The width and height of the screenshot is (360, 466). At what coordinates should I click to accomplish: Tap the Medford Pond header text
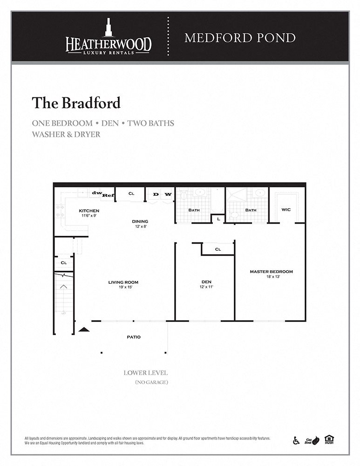point(240,38)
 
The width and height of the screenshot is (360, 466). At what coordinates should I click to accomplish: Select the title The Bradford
point(76,103)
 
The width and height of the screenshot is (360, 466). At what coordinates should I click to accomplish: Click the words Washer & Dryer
point(66,134)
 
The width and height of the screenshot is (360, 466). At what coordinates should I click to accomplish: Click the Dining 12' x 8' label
point(140,224)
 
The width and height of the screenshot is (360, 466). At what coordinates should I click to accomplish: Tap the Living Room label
point(123,284)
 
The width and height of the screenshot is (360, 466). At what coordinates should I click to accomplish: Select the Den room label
point(206,284)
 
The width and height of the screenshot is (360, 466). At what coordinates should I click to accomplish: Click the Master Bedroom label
point(271,274)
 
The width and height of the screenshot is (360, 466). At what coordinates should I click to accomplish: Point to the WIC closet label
point(286,210)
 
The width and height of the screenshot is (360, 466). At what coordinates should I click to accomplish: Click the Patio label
point(134,337)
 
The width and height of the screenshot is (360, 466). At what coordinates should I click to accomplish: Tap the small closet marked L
point(218,219)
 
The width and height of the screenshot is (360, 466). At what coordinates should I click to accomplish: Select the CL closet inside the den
point(217,249)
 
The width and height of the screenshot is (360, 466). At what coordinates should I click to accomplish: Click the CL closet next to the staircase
point(64,263)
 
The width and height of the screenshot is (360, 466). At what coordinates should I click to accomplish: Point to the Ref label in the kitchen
point(108,195)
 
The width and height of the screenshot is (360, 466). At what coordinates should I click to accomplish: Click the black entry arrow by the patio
point(83,329)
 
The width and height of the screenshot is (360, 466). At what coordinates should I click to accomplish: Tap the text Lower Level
point(145,373)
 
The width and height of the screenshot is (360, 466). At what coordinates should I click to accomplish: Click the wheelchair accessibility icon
point(296,440)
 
